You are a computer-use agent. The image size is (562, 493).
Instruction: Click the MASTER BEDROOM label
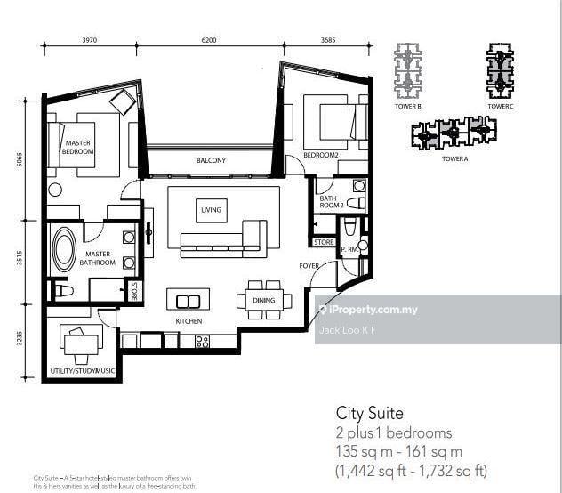coord(77,147)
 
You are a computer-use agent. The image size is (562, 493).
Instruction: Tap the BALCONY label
coord(211,160)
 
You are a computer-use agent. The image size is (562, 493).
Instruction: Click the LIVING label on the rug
coord(211,210)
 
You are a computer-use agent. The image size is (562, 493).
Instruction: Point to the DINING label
coord(264,301)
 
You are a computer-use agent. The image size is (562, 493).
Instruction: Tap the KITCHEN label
coord(189,321)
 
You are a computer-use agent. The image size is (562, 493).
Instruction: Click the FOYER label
coord(309,265)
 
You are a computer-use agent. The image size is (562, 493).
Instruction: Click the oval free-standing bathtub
coord(64,252)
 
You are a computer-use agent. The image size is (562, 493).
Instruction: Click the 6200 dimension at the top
coord(209,40)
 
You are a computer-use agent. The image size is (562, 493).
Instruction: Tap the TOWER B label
coord(408,107)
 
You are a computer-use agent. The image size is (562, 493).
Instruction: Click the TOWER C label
coord(500,107)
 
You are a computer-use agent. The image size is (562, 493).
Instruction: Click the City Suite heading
coord(369,413)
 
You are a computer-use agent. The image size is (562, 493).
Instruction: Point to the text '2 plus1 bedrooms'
coord(393,433)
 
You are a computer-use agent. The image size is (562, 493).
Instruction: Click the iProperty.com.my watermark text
coord(373,310)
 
